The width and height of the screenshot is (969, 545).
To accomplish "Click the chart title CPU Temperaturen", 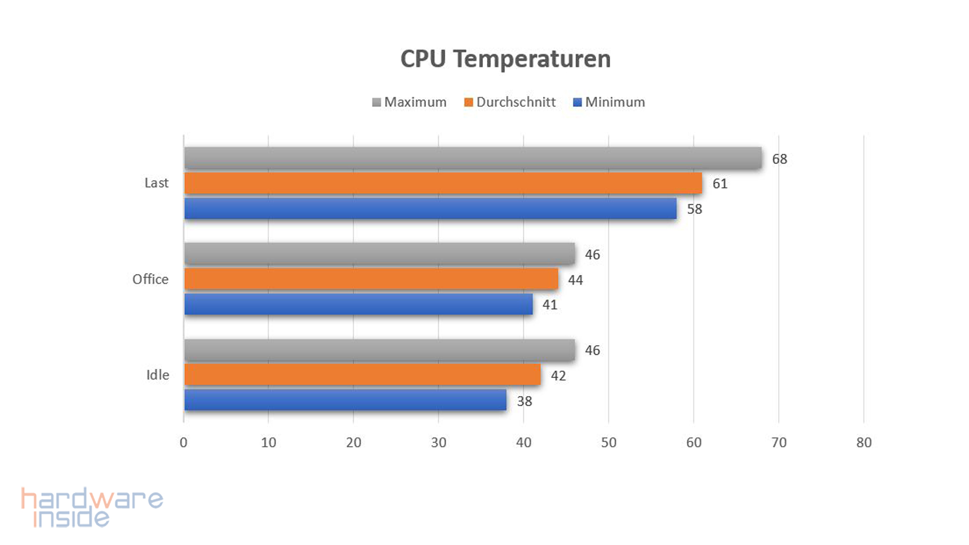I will point(505,59).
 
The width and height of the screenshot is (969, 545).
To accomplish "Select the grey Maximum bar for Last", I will point(472,158).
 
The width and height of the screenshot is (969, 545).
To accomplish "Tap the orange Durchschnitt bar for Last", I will point(443,183).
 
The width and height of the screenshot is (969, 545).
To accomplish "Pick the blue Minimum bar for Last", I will point(430,208).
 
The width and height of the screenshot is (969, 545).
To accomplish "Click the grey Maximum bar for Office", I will point(379,254).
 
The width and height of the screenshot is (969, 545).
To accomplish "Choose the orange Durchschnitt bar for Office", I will point(371,279).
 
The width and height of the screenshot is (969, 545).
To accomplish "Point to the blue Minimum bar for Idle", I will point(345,400).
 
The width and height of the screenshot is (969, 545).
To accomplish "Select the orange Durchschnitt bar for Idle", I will point(362,375).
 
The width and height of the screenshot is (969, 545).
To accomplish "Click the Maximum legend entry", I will point(409,102).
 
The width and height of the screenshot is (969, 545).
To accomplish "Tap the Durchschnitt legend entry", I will point(510,102).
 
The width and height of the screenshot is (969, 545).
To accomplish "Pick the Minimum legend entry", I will point(609,102).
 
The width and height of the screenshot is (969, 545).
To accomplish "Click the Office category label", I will point(150,279).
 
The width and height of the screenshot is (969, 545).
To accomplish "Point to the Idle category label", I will point(157,375).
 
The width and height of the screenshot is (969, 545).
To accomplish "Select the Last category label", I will point(156,183).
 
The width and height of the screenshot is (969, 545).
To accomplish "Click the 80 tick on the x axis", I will point(864,443).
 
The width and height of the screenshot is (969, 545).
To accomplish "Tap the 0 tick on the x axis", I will point(183,443).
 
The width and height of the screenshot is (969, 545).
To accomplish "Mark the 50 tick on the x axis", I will point(609,443).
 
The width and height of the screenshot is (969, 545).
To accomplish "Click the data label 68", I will point(779,159).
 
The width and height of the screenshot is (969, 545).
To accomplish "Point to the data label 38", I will point(524,401).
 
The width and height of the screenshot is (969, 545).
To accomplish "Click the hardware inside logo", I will point(92,507).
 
